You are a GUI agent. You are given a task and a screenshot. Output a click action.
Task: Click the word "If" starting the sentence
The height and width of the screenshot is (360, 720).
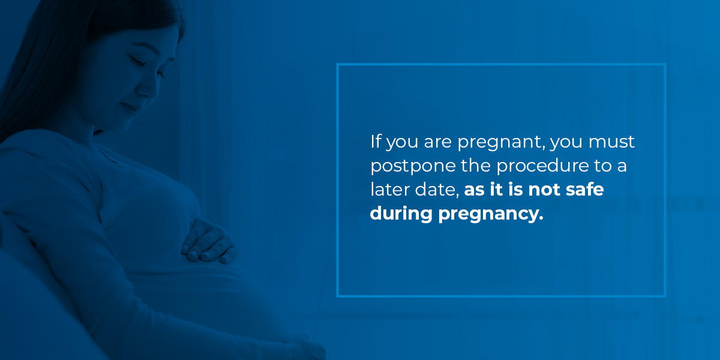point(376,142)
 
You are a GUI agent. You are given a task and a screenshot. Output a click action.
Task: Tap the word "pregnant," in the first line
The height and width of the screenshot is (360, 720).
point(502,143)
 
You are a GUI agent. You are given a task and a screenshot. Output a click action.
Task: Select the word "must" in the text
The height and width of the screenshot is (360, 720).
point(611,142)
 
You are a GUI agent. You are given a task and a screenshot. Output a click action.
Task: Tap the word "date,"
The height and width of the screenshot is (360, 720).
point(437,190)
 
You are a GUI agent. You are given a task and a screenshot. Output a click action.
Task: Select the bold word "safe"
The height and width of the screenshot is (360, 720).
point(584,189)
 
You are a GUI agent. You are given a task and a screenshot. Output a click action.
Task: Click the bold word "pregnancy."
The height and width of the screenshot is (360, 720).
point(491,214)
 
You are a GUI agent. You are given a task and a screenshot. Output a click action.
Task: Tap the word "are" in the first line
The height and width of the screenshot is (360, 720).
point(437,142)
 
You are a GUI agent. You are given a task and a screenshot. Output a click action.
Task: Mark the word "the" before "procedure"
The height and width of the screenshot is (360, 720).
point(476,166)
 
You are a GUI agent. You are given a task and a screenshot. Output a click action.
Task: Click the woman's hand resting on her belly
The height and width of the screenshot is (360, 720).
point(209,241)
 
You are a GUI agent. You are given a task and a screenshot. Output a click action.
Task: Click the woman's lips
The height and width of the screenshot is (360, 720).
point(128,107)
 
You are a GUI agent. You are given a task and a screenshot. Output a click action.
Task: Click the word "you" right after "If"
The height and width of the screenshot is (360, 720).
point(402,143)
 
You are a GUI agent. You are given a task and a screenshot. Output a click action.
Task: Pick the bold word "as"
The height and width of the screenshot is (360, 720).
point(474,190)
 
